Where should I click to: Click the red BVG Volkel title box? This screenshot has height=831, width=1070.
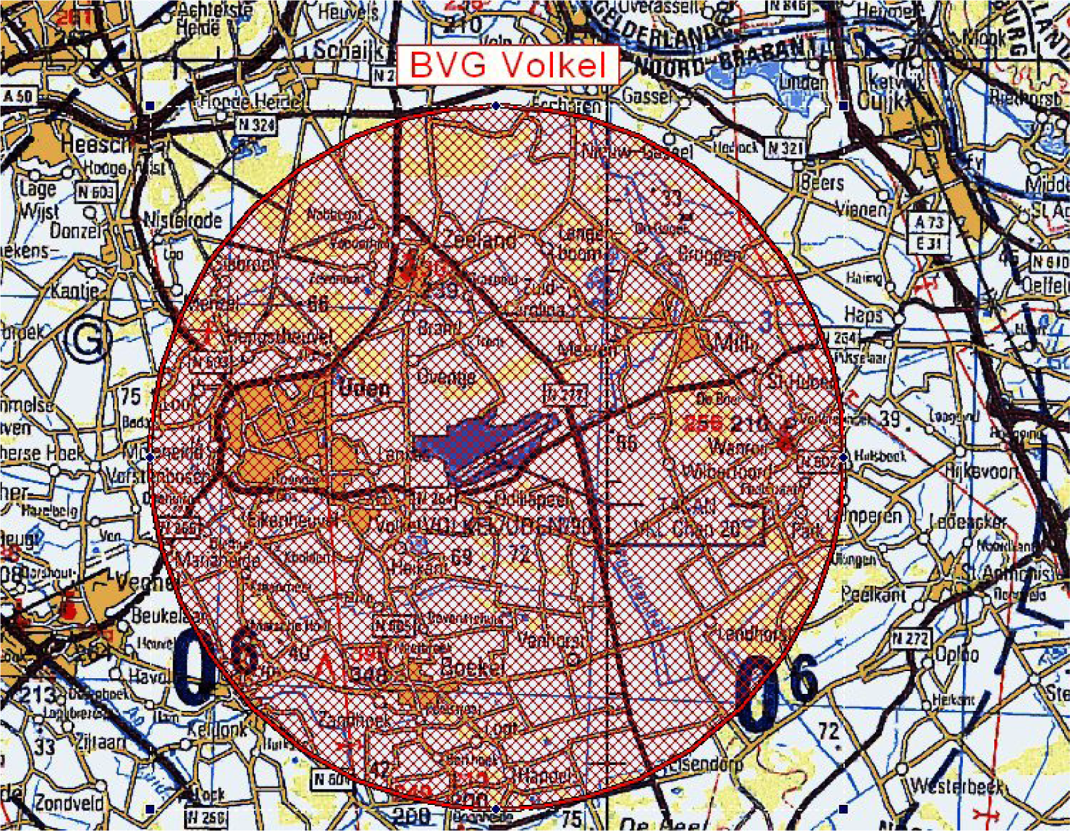pos(508,65)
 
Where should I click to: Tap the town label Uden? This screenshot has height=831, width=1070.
pos(364,388)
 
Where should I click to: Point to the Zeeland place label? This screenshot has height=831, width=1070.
pos(479,240)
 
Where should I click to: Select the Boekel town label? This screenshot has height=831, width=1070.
pos(473,667)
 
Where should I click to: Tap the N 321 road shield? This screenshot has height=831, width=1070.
pos(784,148)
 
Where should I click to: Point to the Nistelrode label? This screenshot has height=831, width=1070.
pos(182,220)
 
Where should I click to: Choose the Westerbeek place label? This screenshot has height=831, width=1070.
pos(956,786)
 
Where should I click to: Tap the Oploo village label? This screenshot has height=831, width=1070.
pos(957,654)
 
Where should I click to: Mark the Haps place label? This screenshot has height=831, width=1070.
pos(863,315)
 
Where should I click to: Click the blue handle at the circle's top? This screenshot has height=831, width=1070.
pos(496,106)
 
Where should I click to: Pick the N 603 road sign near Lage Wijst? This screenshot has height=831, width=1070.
pos(95,192)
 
